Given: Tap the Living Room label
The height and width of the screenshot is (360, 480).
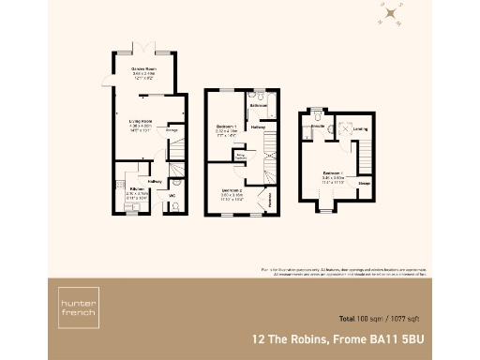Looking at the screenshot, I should [x=141, y=119].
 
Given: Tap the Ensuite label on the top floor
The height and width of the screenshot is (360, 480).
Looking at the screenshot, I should [x=318, y=126].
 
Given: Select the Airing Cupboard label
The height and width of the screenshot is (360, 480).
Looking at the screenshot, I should [x=240, y=158].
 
